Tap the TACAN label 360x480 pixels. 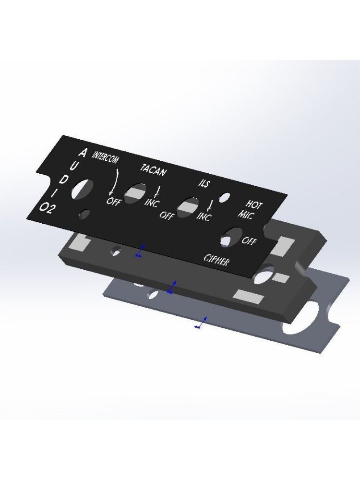[154, 169]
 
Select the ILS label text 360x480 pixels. [204, 183]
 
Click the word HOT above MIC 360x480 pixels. [254, 205]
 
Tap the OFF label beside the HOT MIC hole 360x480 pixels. [249, 241]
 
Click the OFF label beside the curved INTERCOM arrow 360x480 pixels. [113, 201]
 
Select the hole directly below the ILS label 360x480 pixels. [188, 207]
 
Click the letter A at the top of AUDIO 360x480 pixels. [83, 153]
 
